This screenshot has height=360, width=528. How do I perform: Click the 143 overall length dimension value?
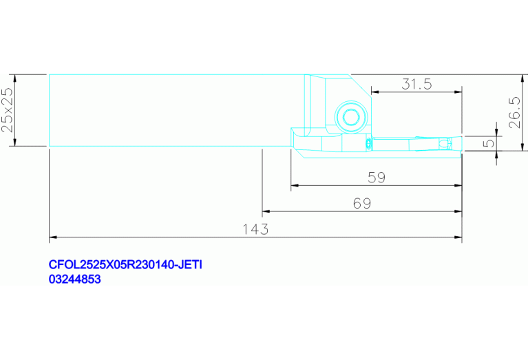255,229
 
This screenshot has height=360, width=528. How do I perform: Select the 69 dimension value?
362,204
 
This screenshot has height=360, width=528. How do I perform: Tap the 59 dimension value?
377,178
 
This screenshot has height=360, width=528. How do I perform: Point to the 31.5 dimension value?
416,84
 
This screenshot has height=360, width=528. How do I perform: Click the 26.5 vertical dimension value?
514,112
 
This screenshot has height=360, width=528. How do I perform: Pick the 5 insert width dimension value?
489,143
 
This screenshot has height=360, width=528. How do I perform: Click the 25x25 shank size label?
7,110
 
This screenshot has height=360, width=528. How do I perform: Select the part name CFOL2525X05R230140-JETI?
125,265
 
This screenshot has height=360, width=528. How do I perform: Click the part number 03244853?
75,279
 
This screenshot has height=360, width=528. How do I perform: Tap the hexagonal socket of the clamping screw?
351,117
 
